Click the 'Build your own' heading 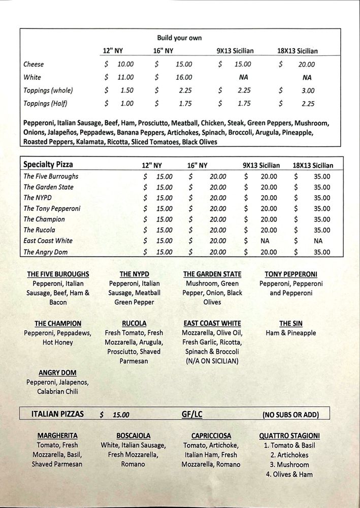point(179,38)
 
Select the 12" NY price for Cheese point(125,65)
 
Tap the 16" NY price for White point(184,78)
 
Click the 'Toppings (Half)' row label point(45,104)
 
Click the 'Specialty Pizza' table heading point(48,165)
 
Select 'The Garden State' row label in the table point(48,187)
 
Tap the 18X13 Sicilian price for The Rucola point(321,230)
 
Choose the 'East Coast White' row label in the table point(48,241)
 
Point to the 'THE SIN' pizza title point(291,324)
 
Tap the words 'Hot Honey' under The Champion point(57,342)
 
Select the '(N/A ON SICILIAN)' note point(212,361)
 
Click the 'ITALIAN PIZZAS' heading point(57,415)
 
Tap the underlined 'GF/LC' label point(192,415)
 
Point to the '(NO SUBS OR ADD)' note point(290,415)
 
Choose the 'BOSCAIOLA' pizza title point(134,436)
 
